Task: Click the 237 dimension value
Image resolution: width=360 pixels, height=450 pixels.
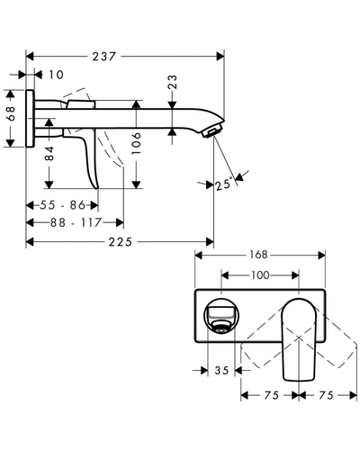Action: pyautogui.click(x=103, y=57)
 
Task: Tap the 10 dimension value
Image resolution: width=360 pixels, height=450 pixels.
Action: pyautogui.click(x=56, y=75)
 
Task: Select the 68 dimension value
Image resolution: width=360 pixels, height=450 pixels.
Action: pyautogui.click(x=11, y=113)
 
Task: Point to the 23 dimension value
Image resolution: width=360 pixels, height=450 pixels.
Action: pyautogui.click(x=173, y=82)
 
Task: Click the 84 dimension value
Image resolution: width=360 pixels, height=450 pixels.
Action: pyautogui.click(x=49, y=153)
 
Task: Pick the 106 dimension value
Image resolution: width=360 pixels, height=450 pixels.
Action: pyautogui.click(x=137, y=143)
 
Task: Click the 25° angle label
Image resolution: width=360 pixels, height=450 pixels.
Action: pyautogui.click(x=224, y=184)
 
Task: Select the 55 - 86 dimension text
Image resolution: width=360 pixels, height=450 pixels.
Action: pyautogui.click(x=62, y=205)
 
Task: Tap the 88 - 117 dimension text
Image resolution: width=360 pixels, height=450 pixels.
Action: pyautogui.click(x=76, y=222)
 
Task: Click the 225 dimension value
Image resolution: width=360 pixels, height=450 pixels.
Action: pyautogui.click(x=120, y=241)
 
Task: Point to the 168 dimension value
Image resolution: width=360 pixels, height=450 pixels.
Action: pyautogui.click(x=258, y=255)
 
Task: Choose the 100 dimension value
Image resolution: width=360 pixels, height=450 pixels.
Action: pyautogui.click(x=260, y=275)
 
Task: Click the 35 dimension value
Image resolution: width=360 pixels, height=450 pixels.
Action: pyautogui.click(x=221, y=371)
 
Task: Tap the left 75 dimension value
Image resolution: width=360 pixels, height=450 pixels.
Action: pyautogui.click(x=272, y=395)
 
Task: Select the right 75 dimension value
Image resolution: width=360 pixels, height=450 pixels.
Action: pyautogui.click(x=326, y=395)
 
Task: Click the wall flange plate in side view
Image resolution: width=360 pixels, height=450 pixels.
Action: pyautogui.click(x=30, y=118)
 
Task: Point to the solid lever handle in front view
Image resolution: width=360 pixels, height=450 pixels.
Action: pyautogui.click(x=299, y=340)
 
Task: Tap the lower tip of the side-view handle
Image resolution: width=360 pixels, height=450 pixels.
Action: pyautogui.click(x=96, y=188)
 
